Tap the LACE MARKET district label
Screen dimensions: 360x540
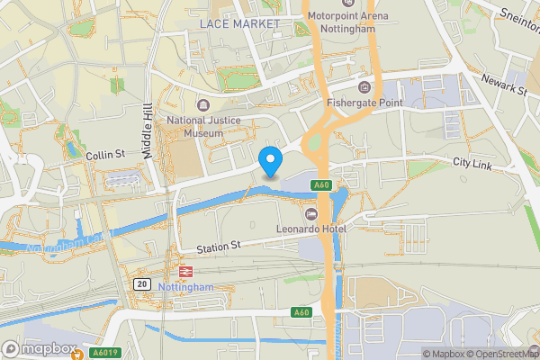239,22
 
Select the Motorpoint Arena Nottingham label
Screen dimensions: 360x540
348,21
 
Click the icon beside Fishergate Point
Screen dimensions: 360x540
364,86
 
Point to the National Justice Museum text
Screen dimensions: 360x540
195,126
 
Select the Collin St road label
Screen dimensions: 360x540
105,156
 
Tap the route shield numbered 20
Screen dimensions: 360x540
142,283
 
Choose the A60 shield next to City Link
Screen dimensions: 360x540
322,185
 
